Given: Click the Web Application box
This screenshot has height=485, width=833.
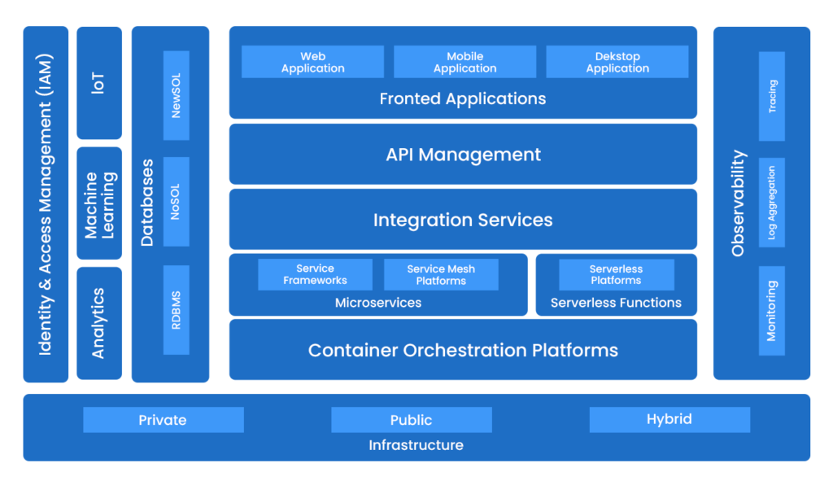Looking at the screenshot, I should pyautogui.click(x=312, y=62).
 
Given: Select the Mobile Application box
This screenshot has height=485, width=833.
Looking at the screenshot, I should pyautogui.click(x=464, y=62).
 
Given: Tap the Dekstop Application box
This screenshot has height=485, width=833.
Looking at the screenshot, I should pyautogui.click(x=617, y=62).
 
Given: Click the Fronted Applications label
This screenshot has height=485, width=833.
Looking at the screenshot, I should pyautogui.click(x=462, y=99).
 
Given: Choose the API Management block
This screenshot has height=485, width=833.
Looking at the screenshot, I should pyautogui.click(x=462, y=155).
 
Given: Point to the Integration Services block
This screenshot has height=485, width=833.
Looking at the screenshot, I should pyautogui.click(x=462, y=220).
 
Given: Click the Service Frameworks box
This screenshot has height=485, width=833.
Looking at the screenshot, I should pyautogui.click(x=315, y=274).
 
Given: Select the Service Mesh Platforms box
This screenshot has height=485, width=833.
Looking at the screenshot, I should pyautogui.click(x=441, y=274).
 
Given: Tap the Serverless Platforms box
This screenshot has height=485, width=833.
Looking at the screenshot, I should pyautogui.click(x=616, y=274).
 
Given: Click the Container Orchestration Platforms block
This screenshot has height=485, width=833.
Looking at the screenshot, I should pyautogui.click(x=462, y=350).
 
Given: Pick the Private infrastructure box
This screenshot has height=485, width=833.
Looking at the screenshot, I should pyautogui.click(x=163, y=420).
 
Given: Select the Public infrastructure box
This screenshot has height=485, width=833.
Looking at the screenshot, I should pyautogui.click(x=411, y=420).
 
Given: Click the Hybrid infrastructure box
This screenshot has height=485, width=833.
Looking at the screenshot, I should pyautogui.click(x=669, y=420).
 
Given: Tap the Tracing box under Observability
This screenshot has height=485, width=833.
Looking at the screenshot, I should pyautogui.click(x=771, y=96).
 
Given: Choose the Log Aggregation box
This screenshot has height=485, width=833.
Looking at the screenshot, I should pyautogui.click(x=771, y=203).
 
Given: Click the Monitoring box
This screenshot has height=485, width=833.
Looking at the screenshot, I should pyautogui.click(x=771, y=310).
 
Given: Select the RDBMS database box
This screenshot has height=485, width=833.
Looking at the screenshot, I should pyautogui.click(x=176, y=309).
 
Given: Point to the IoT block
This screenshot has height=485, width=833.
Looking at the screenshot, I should pyautogui.click(x=98, y=83).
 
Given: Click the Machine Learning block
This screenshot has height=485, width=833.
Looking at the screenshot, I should pyautogui.click(x=98, y=203).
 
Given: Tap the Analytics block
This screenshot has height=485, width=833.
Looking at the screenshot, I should pyautogui.click(x=98, y=323).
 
